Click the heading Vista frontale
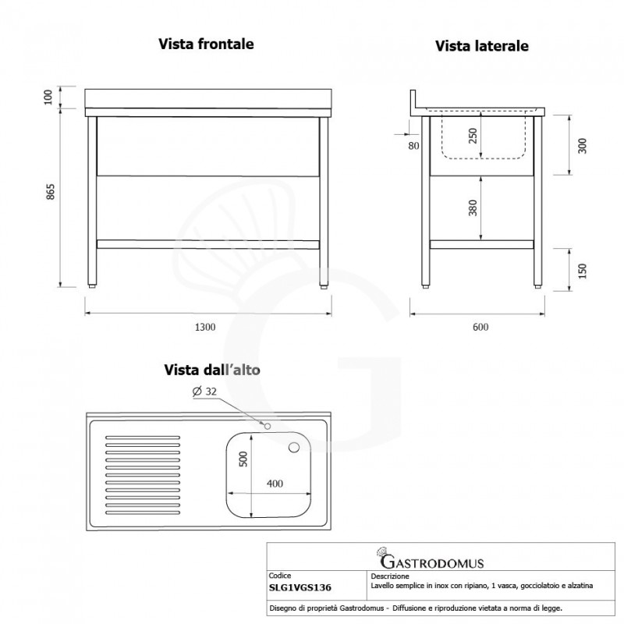[206, 44]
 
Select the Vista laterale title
[482, 46]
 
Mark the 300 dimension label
[581, 145]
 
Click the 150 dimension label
[581, 270]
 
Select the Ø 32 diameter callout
[204, 392]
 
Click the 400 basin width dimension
[275, 484]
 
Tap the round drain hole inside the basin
[295, 447]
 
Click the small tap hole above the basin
[267, 426]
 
